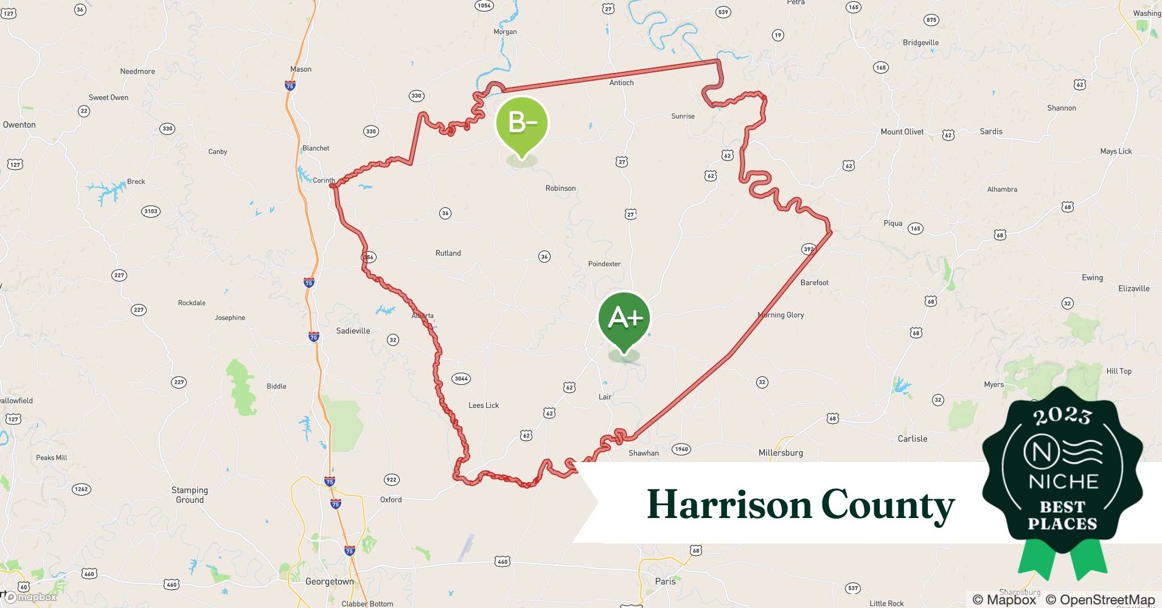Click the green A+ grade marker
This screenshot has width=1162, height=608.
(x=624, y=318)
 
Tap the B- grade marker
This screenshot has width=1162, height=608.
(x=522, y=123)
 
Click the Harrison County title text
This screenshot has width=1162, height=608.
(x=800, y=505)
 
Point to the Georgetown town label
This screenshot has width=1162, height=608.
(x=329, y=581)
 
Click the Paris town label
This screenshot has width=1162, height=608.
(x=665, y=581)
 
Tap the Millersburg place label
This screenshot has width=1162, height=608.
(x=781, y=452)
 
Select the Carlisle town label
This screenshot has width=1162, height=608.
(x=912, y=438)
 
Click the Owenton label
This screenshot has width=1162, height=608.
(x=19, y=125)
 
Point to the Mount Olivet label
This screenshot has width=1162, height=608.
(x=902, y=131)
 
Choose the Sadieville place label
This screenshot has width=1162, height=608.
(x=353, y=331)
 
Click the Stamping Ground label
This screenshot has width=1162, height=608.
(x=190, y=495)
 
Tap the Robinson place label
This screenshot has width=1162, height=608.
(x=560, y=188)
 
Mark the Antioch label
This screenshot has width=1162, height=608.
(x=621, y=83)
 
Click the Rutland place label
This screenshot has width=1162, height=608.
(x=448, y=253)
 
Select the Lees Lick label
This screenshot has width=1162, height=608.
(x=484, y=405)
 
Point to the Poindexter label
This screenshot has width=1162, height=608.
(x=604, y=264)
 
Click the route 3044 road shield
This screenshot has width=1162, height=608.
(x=461, y=379)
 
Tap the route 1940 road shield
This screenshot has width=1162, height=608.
(x=681, y=449)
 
